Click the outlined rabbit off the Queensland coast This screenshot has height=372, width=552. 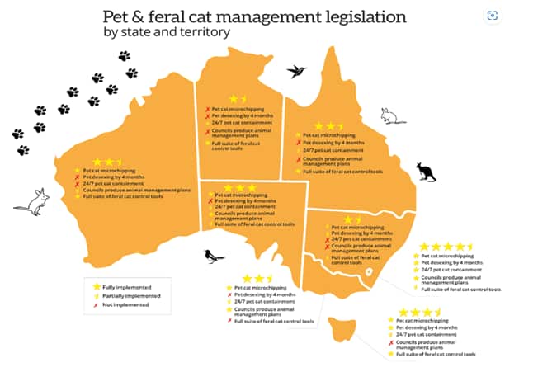(394, 116)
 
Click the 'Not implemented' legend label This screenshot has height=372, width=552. (125, 304)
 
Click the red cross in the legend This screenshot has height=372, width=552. (97, 304)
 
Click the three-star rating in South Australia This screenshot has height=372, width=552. (240, 187)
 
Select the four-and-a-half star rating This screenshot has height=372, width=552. (446, 247)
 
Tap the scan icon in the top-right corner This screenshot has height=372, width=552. (493, 15)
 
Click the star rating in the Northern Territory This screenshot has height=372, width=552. (237, 98)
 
